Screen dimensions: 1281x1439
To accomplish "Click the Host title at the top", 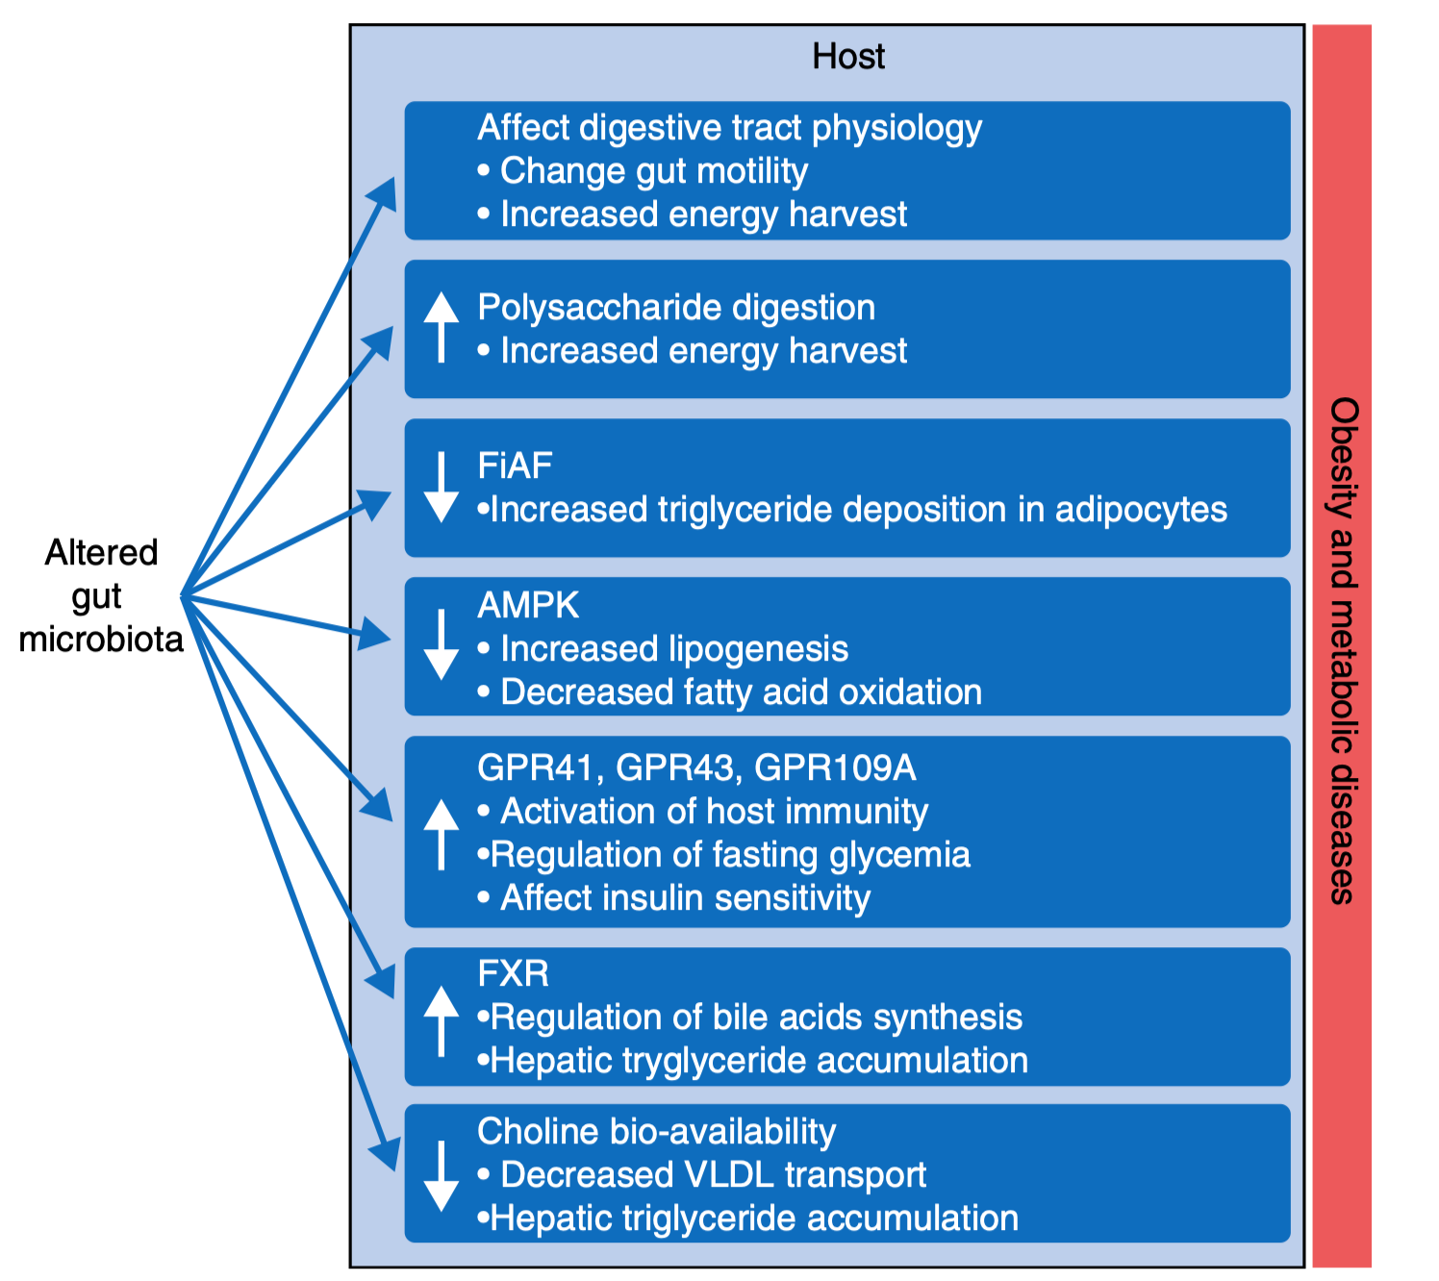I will pyautogui.click(x=847, y=57).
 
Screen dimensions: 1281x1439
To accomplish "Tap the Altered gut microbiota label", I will pyautogui.click(x=101, y=595).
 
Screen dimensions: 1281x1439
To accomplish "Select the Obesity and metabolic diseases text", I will pyautogui.click(x=1343, y=650).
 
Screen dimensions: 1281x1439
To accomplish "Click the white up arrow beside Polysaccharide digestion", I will pyautogui.click(x=442, y=328).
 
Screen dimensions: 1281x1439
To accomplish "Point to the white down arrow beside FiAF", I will pyautogui.click(x=442, y=488).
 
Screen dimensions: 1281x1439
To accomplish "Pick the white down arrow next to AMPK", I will pyautogui.click(x=442, y=644).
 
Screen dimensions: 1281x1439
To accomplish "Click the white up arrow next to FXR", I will pyautogui.click(x=442, y=1020).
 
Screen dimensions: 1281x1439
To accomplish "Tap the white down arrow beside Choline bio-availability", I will pyautogui.click(x=442, y=1175).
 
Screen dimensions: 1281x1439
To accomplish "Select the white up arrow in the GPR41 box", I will pyautogui.click(x=442, y=834).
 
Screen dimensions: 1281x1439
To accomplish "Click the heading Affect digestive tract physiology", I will pyautogui.click(x=729, y=128).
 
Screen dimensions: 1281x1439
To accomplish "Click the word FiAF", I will pyautogui.click(x=515, y=466).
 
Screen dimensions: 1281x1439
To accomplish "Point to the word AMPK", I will pyautogui.click(x=528, y=606).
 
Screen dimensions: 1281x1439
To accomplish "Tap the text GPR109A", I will pyautogui.click(x=835, y=768).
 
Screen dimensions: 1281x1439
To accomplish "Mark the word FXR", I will pyautogui.click(x=513, y=974).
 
